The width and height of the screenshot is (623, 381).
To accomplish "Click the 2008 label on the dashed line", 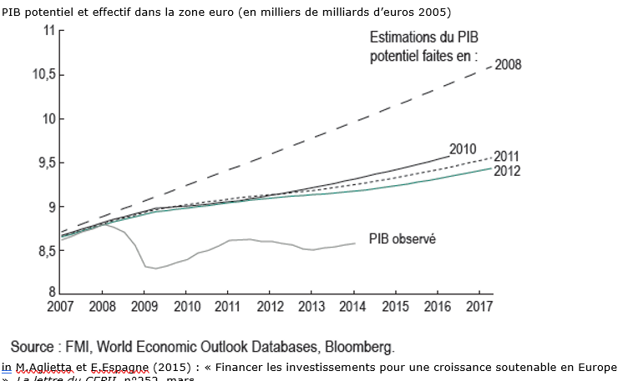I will [x=508, y=64].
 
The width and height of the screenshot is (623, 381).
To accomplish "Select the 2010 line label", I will [x=463, y=149].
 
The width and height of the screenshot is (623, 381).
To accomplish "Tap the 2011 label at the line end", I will [x=507, y=157].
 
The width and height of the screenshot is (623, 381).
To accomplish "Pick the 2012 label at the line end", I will [x=507, y=171].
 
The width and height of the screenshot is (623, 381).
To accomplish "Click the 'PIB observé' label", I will [x=403, y=238].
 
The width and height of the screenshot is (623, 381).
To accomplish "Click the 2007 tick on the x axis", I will [x=60, y=307].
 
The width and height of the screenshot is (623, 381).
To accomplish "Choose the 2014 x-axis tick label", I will [x=354, y=307].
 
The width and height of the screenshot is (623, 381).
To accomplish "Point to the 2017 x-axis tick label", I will [x=480, y=307].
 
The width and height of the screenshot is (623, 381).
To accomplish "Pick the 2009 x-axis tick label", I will [x=144, y=307].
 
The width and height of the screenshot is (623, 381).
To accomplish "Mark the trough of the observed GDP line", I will [x=155, y=268].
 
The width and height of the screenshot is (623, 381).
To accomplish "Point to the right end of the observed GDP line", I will [x=354, y=243].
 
